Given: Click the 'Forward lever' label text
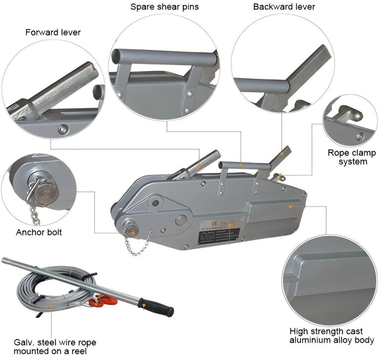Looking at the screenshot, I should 53,33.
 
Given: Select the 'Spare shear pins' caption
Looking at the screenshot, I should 164,7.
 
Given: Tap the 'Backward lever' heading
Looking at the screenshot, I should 284,7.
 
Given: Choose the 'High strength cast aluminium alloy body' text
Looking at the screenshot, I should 332,335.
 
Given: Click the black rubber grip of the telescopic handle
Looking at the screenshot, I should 157,307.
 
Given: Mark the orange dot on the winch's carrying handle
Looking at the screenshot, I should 240,165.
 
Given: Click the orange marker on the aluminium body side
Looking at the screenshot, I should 290,207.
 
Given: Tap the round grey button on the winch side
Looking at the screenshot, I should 181,220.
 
